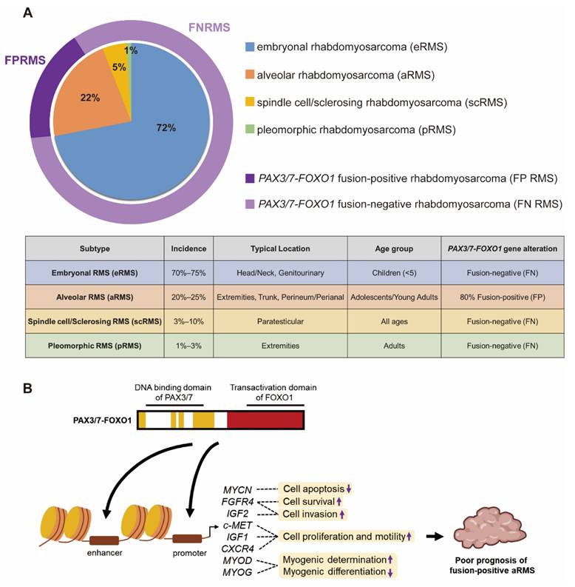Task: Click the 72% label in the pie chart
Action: click(x=166, y=128)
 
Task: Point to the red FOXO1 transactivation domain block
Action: click(x=265, y=419)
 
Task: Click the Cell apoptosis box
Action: click(x=316, y=489)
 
